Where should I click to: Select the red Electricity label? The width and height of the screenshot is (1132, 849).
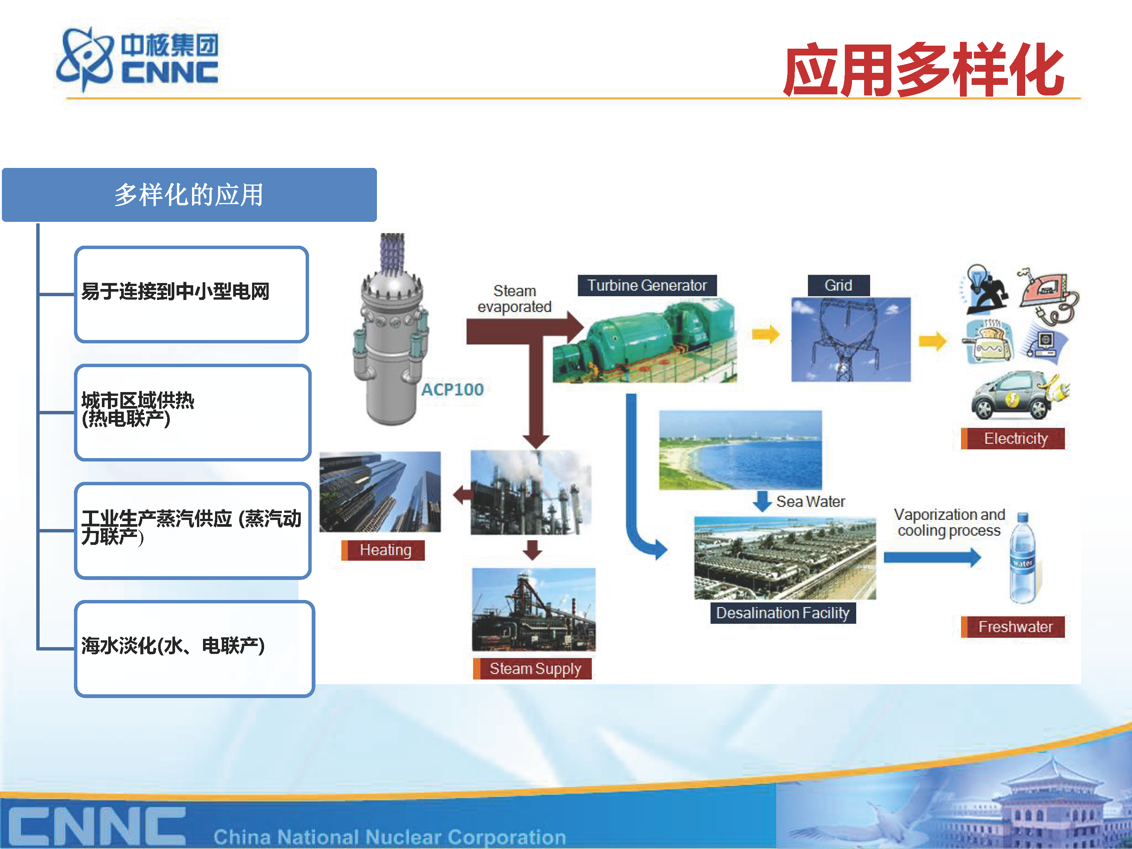coord(1013,438)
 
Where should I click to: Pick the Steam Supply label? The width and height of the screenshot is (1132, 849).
coord(532,668)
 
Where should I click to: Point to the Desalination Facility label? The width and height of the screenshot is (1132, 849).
coord(783,612)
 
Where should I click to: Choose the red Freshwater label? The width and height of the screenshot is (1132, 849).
coord(1013,627)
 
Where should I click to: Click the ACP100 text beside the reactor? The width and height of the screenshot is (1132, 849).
coord(452,389)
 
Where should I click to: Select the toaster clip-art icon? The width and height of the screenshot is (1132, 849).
coord(989,341)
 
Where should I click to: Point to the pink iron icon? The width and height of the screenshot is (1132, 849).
coord(1047,294)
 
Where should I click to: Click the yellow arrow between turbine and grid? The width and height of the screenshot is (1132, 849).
coord(766,335)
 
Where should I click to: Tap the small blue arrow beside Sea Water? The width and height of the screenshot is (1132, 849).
coord(762,501)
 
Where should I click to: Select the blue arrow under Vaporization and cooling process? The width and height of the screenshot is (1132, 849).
coord(932,557)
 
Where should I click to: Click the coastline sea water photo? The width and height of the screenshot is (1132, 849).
coord(740,450)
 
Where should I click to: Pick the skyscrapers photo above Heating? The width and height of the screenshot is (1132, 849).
coord(380,492)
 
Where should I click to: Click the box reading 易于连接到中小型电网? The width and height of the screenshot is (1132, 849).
coord(191,294)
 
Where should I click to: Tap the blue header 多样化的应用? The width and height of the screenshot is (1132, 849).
coord(189,195)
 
